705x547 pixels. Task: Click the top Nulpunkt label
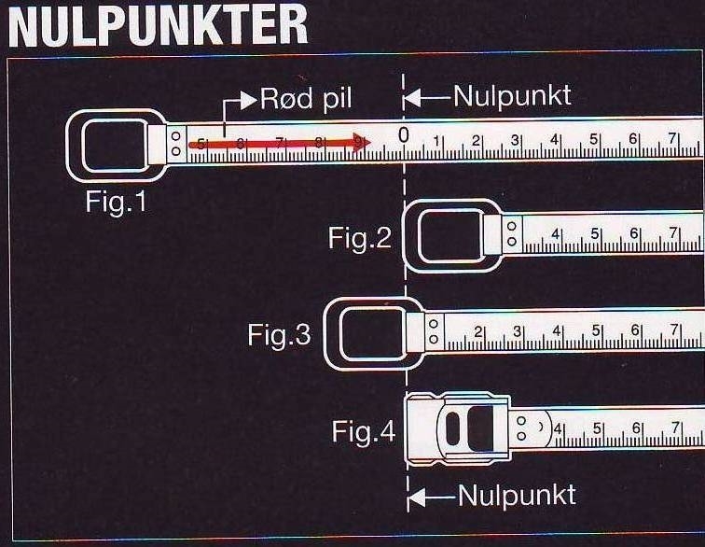click(x=512, y=96)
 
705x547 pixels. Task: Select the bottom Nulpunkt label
click(x=517, y=495)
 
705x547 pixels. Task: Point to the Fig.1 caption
click(x=117, y=202)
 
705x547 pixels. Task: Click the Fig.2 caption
click(x=360, y=238)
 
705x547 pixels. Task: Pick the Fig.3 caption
click(x=280, y=334)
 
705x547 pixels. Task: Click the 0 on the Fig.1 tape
click(x=403, y=135)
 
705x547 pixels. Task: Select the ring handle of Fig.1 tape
click(x=110, y=146)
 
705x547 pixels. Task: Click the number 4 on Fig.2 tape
click(x=555, y=234)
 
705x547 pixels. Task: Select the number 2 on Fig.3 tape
click(x=476, y=331)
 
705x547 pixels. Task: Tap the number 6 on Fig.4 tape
click(x=636, y=428)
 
